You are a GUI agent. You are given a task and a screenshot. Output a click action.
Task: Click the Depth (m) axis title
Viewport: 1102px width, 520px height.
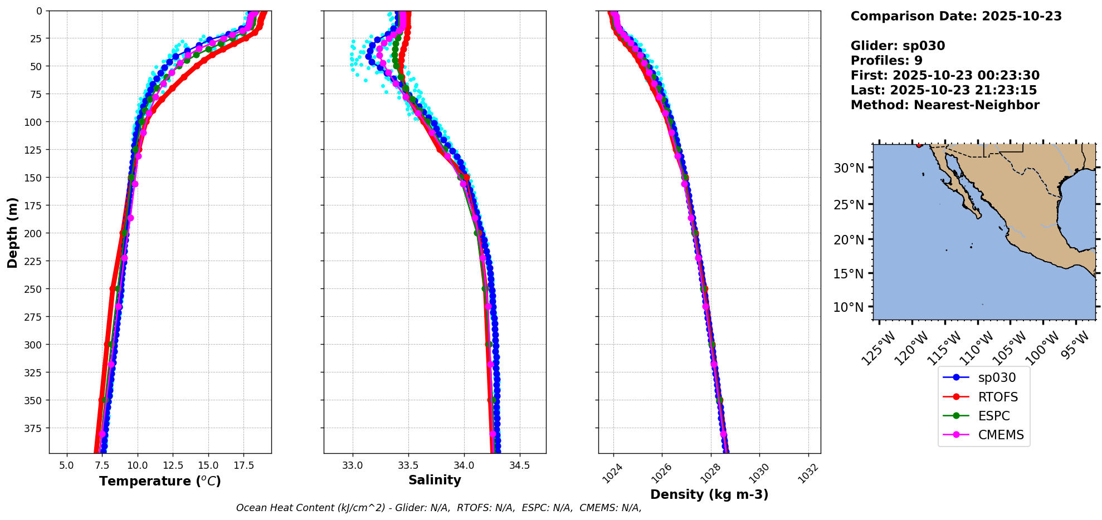pos(12,232)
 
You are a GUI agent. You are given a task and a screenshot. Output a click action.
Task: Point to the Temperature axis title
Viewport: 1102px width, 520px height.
pos(160,481)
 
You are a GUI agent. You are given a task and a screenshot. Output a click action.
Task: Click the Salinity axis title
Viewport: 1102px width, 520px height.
pos(435,480)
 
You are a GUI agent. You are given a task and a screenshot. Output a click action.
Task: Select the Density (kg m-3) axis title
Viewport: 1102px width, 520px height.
pos(709,494)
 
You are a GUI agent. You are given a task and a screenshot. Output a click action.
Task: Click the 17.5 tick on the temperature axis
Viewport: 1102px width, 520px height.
pos(243,465)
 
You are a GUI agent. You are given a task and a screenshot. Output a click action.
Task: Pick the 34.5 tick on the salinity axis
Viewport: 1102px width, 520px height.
pos(520,465)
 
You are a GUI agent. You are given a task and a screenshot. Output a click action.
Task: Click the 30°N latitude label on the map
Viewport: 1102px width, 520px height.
pos(849,168)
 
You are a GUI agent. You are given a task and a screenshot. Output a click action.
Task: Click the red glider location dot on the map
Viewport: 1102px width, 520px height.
pos(919,145)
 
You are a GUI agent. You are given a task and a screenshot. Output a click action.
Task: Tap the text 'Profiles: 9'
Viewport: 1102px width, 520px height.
pos(886,61)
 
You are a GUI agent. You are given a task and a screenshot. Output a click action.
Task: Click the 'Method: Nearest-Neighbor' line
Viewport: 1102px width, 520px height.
pos(945,105)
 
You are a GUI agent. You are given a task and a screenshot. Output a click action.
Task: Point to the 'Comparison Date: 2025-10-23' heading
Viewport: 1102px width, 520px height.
pos(956,16)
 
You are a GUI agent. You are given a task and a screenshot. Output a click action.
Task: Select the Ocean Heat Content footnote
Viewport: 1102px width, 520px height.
pos(438,508)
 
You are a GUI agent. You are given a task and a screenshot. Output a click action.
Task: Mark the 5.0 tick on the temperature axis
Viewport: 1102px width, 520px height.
pos(66,465)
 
